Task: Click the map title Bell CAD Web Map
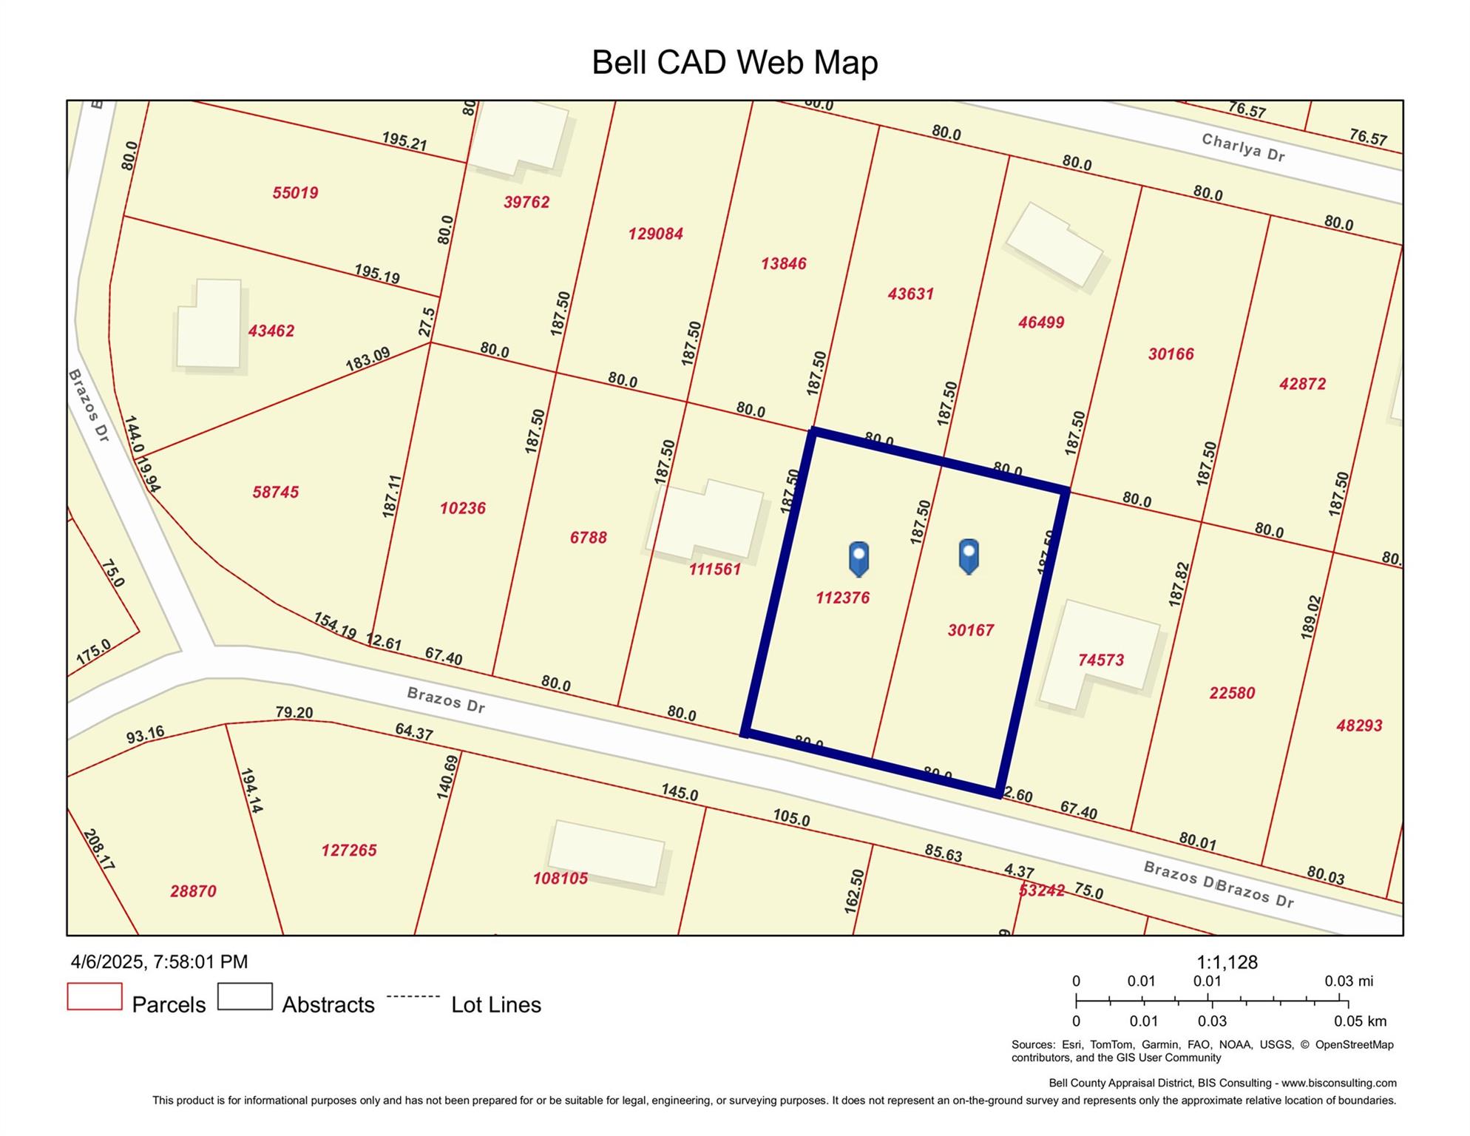[734, 62]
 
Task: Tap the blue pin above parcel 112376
[858, 558]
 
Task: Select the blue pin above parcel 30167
[969, 555]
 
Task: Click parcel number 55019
[295, 193]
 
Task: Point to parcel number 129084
[655, 234]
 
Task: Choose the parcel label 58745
[275, 492]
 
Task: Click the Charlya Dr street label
[1243, 147]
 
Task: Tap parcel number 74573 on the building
[1100, 660]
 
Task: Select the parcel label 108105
[560, 878]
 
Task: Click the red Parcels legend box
[95, 996]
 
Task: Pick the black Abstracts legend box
[245, 996]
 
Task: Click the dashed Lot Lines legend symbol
[413, 996]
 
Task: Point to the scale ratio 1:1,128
[1227, 962]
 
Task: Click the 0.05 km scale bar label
[1360, 1021]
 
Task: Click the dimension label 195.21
[404, 141]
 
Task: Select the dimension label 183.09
[367, 359]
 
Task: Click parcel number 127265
[348, 851]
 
